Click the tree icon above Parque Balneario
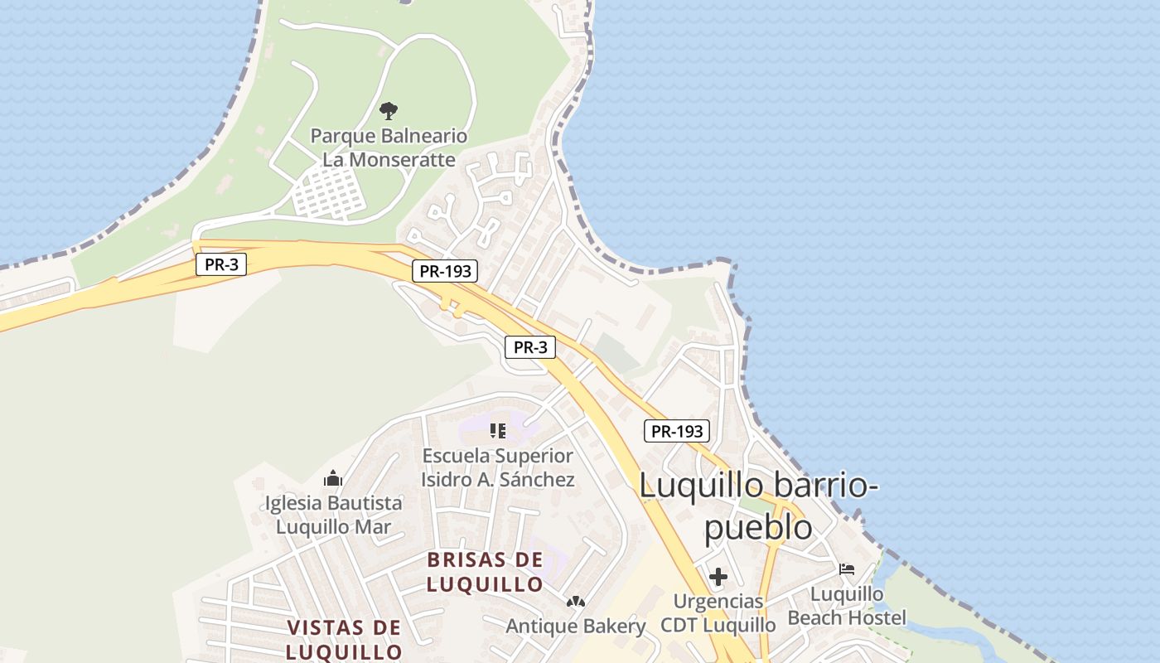pyautogui.click(x=388, y=110)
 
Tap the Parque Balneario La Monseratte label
pyautogui.click(x=389, y=148)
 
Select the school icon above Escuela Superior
pyautogui.click(x=497, y=430)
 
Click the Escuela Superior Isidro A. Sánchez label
pyautogui.click(x=497, y=467)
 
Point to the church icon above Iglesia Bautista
pyautogui.click(x=333, y=478)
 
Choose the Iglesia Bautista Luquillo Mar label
pyautogui.click(x=333, y=515)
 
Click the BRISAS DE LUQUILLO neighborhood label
pyautogui.click(x=486, y=572)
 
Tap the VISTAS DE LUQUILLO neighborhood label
pyautogui.click(x=344, y=639)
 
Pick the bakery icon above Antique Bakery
pyautogui.click(x=575, y=601)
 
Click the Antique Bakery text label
pyautogui.click(x=575, y=626)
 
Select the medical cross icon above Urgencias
pyautogui.click(x=718, y=577)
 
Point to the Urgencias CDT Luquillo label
pyautogui.click(x=718, y=612)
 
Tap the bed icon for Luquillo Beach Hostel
pyautogui.click(x=846, y=569)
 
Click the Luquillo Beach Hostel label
pyautogui.click(x=847, y=606)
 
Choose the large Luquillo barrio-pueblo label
pyautogui.click(x=758, y=506)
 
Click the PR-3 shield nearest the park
pyautogui.click(x=221, y=265)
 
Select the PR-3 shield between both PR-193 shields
pyautogui.click(x=530, y=347)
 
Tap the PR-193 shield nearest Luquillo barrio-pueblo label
pyautogui.click(x=677, y=431)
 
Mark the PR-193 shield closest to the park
pyautogui.click(x=445, y=271)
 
